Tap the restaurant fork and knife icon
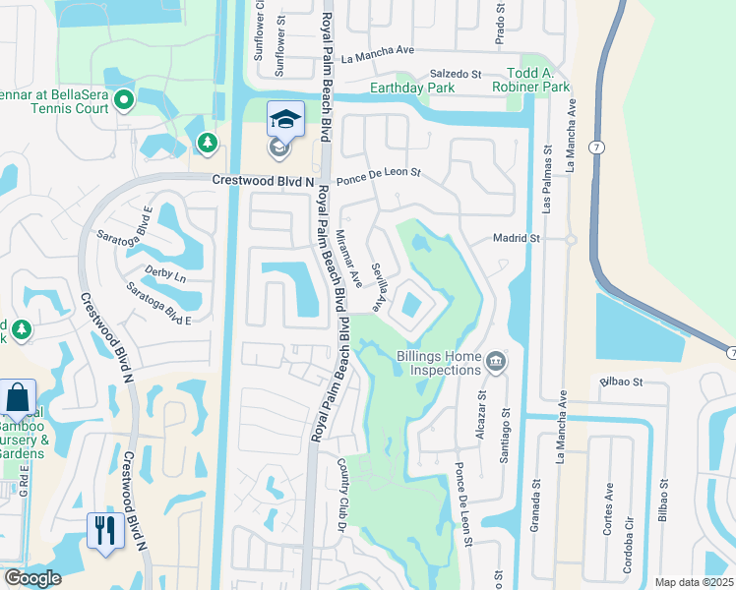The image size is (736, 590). click(x=102, y=530)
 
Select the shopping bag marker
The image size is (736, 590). click(x=18, y=397)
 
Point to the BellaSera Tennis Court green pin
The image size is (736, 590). click(x=124, y=98)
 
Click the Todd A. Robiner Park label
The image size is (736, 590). click(x=537, y=81)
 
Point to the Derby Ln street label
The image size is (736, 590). click(x=165, y=274)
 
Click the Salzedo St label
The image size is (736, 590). click(x=454, y=74)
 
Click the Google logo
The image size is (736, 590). click(x=32, y=578)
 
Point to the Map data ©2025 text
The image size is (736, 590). click(x=694, y=582)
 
